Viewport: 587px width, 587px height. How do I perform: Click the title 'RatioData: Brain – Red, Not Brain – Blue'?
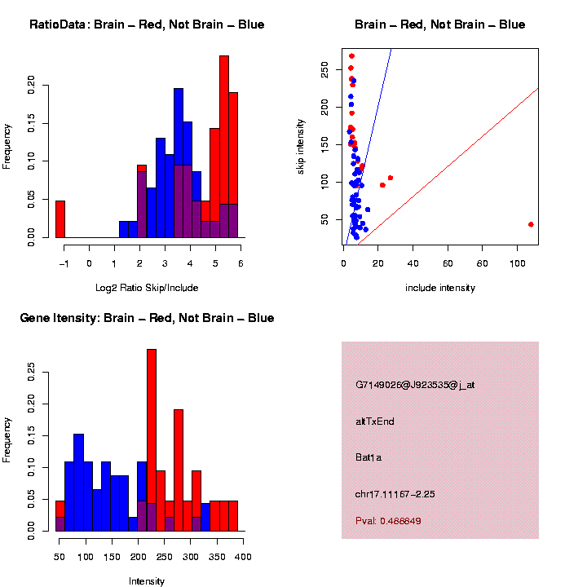(x=147, y=24)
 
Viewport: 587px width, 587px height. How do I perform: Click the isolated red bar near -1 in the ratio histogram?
(x=60, y=218)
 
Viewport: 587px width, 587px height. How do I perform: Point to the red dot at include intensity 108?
(x=531, y=224)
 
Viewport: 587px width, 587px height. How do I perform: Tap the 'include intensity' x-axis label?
(x=439, y=288)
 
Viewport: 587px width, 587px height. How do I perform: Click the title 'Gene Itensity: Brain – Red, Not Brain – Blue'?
(x=147, y=318)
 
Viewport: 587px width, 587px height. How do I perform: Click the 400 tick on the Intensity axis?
(x=243, y=556)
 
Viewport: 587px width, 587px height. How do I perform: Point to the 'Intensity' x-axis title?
(x=147, y=581)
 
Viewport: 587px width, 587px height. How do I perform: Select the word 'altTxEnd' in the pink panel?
(x=375, y=421)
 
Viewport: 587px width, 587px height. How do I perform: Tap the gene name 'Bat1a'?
(x=369, y=457)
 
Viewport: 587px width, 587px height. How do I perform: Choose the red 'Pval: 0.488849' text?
(x=388, y=521)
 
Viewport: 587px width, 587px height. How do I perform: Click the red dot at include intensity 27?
(x=391, y=178)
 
